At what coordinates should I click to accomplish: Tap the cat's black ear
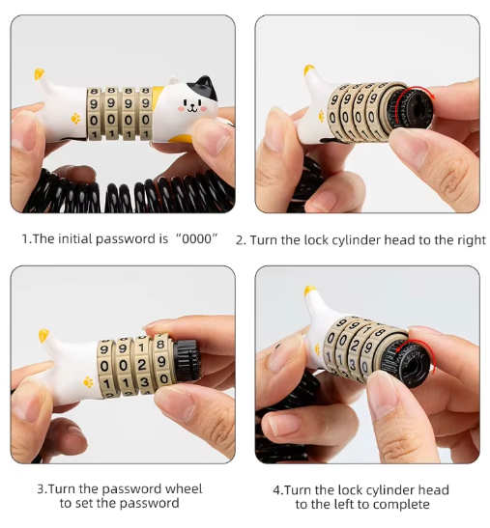pos(207,87)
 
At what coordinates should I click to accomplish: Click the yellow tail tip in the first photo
pos(39,73)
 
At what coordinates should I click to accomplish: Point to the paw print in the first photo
pos(76,119)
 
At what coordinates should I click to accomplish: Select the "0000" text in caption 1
pos(197,238)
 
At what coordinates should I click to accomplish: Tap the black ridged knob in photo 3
pos(187,360)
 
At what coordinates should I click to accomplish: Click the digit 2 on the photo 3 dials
pos(142,365)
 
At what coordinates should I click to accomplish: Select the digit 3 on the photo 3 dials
pos(144,382)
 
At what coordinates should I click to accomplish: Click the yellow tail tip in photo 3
pos(43,335)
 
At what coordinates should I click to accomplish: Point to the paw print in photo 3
pos(88,382)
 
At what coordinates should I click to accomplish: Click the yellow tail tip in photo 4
pos(309,291)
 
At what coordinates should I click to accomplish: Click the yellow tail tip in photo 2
pos(308,69)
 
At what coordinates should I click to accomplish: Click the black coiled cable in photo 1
pos(129,192)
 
